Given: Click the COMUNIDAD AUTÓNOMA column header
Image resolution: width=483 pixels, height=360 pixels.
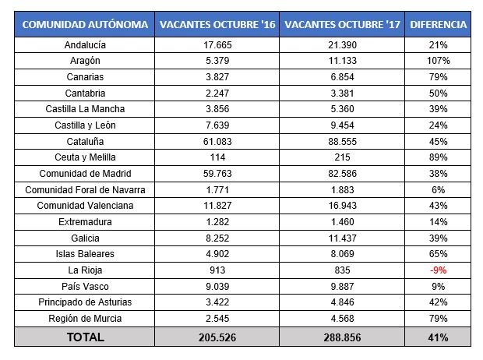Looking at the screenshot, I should tap(86, 24).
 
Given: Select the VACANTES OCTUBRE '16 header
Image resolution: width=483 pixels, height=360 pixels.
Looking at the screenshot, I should tap(217, 24).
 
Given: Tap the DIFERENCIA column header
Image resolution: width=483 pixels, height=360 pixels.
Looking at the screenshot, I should tap(439, 24).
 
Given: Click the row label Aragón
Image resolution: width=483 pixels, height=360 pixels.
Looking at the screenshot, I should tap(86, 61).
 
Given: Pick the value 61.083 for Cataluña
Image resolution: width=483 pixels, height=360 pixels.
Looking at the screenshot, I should tap(217, 143).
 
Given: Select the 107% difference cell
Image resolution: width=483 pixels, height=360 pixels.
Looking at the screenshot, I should tap(439, 61).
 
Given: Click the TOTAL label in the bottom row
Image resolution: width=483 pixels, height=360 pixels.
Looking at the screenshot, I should tap(86, 337).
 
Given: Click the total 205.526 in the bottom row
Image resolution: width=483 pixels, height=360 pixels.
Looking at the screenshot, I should tap(217, 337).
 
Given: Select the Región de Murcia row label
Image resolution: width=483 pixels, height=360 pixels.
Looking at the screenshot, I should tap(86, 319).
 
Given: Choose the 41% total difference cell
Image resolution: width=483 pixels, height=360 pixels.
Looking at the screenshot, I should tap(439, 337).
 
